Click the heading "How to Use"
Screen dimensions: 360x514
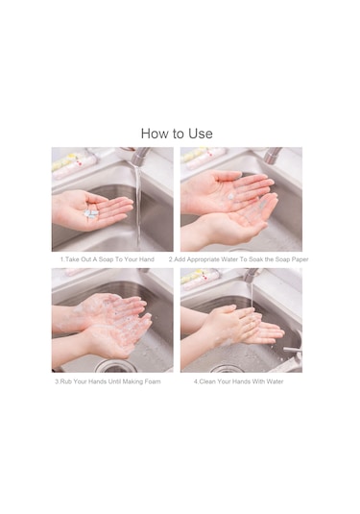click(177, 134)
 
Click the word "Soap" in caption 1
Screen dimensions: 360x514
click(106, 259)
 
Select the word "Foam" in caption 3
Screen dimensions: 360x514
click(153, 381)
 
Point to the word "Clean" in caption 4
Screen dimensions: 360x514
click(207, 381)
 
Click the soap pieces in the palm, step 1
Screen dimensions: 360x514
click(91, 213)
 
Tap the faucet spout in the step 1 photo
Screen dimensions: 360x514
click(138, 156)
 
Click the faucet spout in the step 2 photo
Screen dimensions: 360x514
click(273, 156)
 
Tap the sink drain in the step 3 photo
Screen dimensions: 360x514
click(115, 366)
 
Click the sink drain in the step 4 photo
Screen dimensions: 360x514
click(227, 369)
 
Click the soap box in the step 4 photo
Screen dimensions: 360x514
click(201, 279)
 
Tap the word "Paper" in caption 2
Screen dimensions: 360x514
click(300, 259)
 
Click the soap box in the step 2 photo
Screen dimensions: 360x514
click(204, 158)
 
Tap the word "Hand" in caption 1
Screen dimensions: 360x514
click(147, 259)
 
